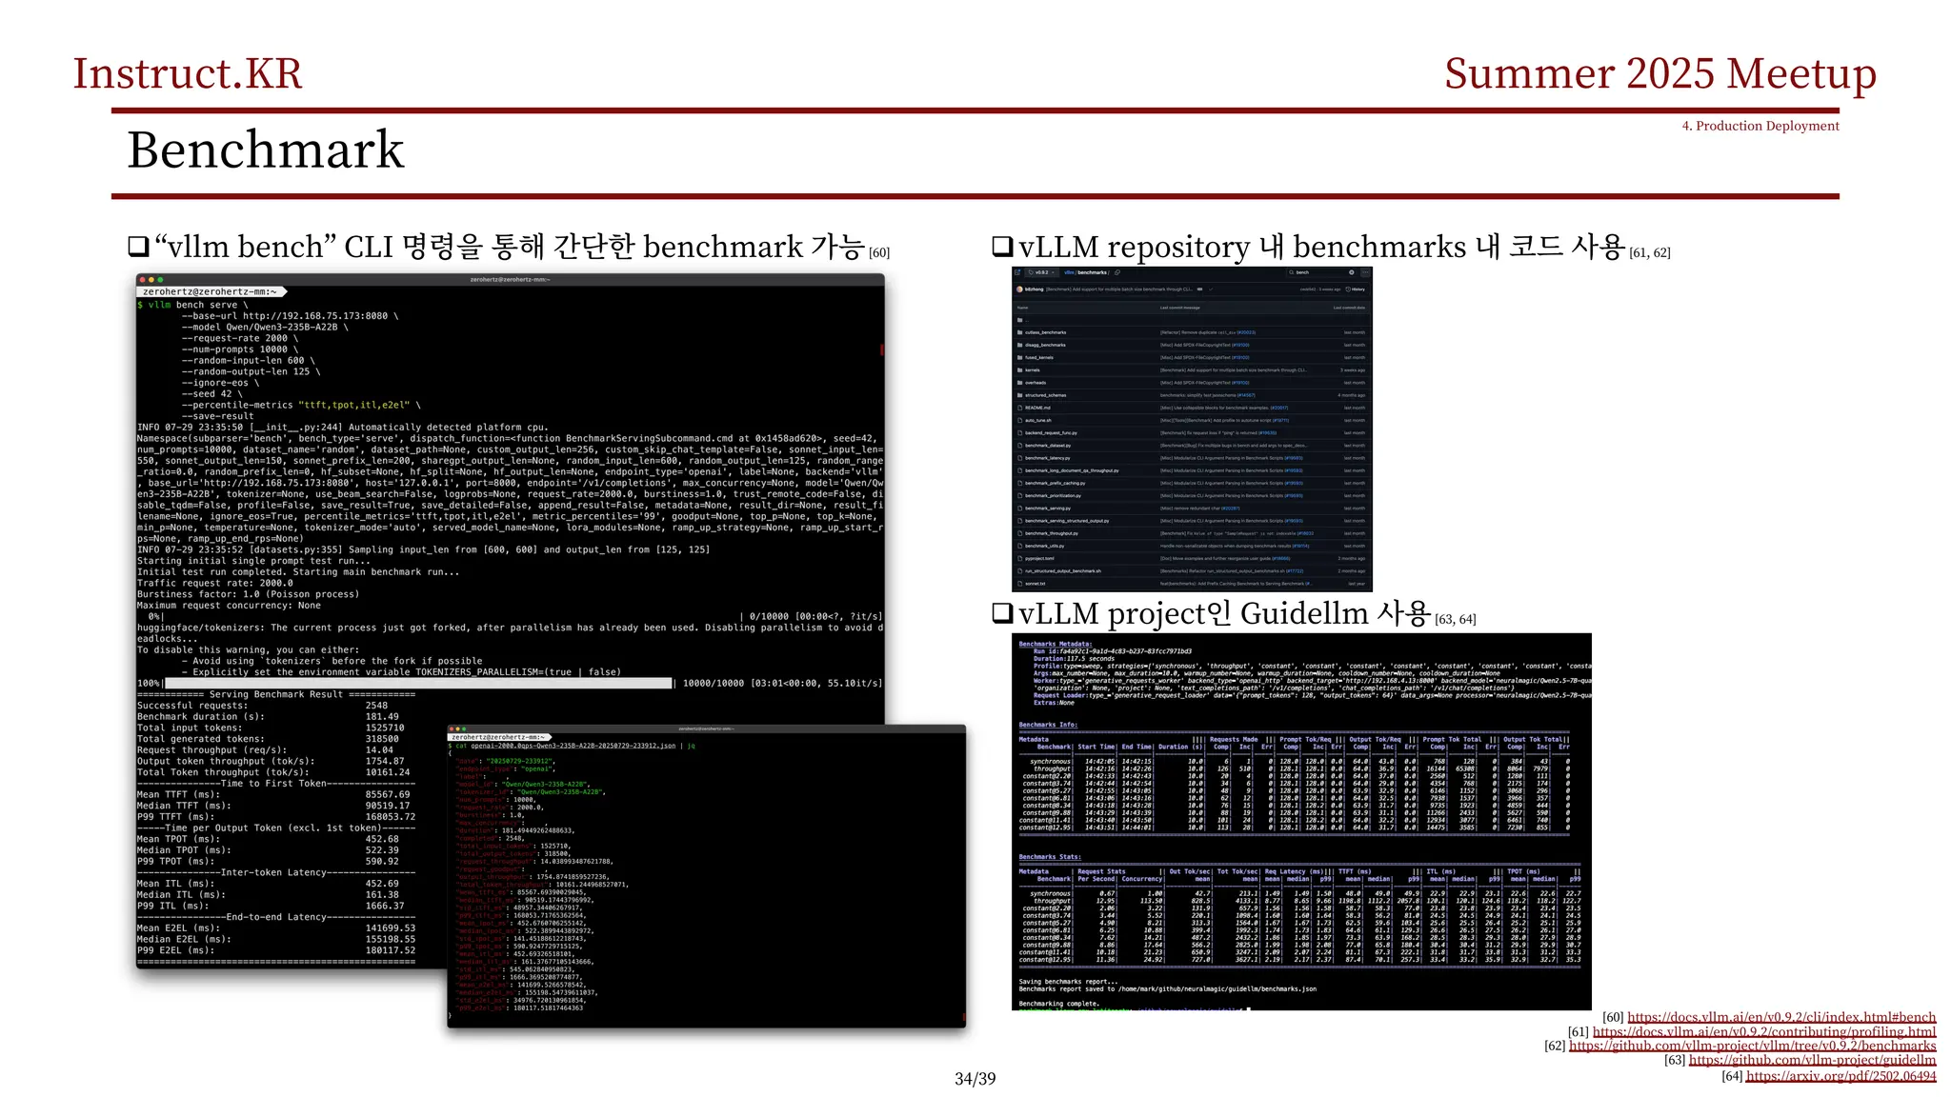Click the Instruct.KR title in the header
click(188, 74)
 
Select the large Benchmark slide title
click(266, 150)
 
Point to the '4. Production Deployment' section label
click(1760, 126)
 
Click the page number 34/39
click(975, 1079)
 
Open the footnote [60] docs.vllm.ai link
click(1781, 1017)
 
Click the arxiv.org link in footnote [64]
click(1840, 1076)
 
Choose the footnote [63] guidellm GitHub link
click(1812, 1060)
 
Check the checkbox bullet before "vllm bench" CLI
click(139, 248)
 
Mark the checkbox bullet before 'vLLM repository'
click(1002, 248)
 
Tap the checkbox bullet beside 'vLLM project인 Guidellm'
click(1002, 614)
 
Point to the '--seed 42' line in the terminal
click(211, 394)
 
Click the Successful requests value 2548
click(376, 706)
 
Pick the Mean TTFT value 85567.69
click(388, 794)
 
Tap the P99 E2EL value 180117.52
click(391, 950)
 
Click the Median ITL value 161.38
click(382, 894)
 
